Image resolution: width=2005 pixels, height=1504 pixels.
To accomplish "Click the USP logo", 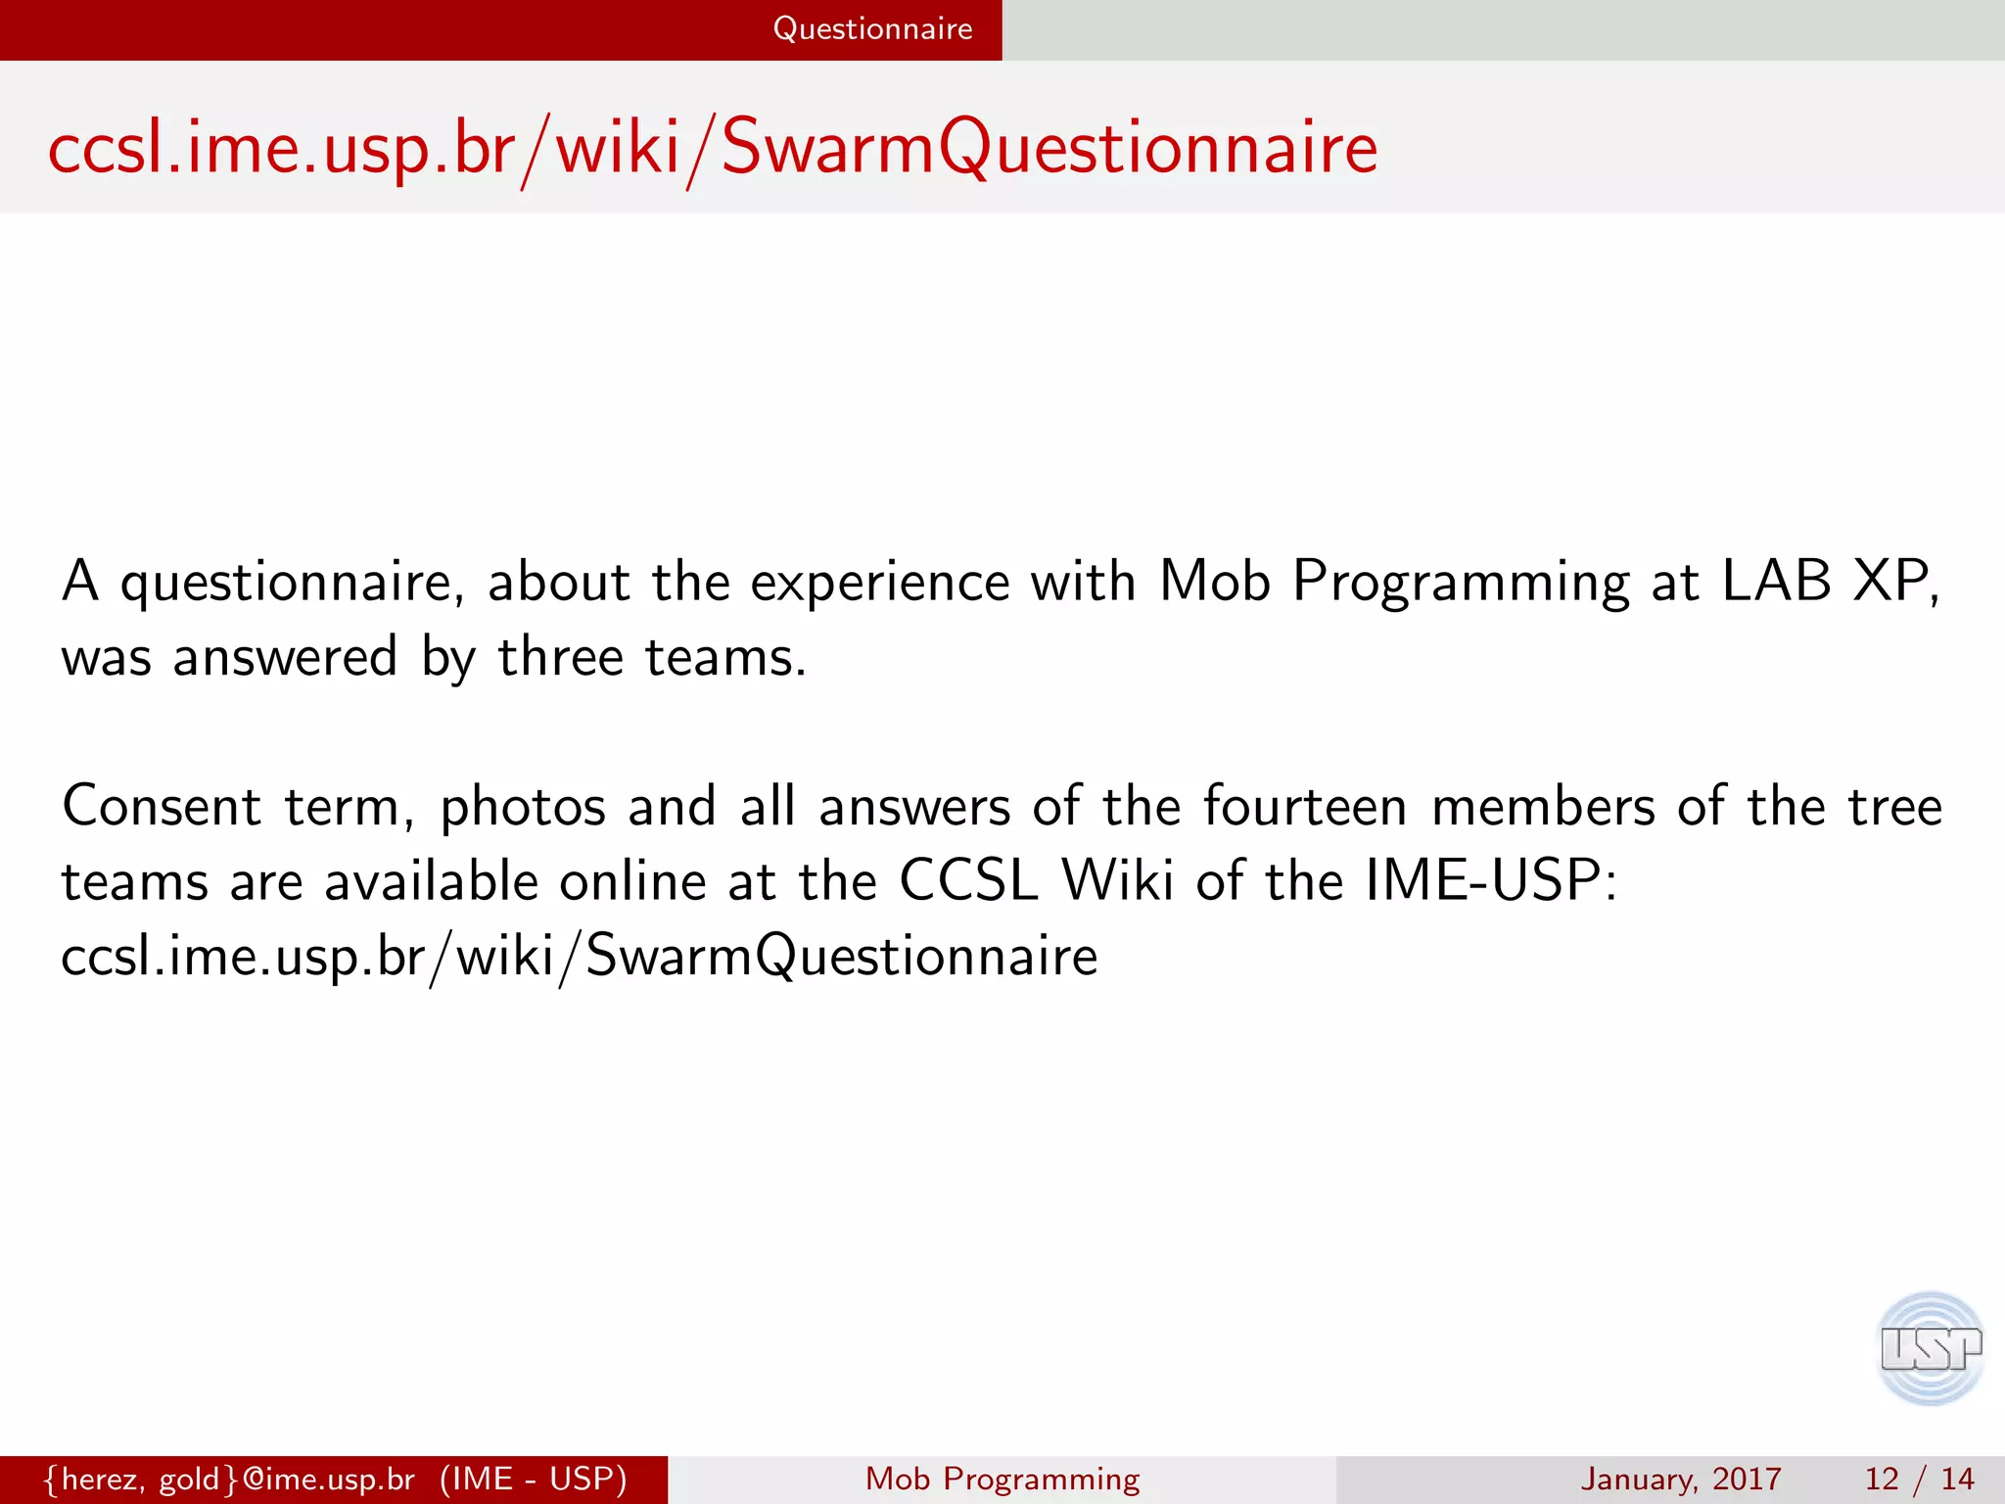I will [x=1930, y=1348].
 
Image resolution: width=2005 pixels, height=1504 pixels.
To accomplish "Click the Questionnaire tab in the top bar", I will [x=872, y=29].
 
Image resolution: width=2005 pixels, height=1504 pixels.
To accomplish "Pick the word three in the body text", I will [x=560, y=656].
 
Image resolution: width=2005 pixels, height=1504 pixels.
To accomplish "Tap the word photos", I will [x=523, y=809].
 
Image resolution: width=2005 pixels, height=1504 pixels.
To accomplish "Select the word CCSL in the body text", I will [x=968, y=880].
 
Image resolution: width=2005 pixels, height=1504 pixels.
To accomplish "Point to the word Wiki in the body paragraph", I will [x=1118, y=880].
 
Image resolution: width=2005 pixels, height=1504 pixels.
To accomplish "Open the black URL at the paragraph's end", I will [x=579, y=956].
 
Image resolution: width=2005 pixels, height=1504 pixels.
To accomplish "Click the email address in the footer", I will [x=230, y=1479].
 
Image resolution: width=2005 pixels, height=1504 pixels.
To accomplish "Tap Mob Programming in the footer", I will [x=1002, y=1479].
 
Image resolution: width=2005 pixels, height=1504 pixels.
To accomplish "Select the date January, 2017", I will [x=1680, y=1479].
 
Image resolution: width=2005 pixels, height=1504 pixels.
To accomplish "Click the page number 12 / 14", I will [x=1919, y=1479].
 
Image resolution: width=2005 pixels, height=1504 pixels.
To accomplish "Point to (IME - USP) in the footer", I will [x=533, y=1479].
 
